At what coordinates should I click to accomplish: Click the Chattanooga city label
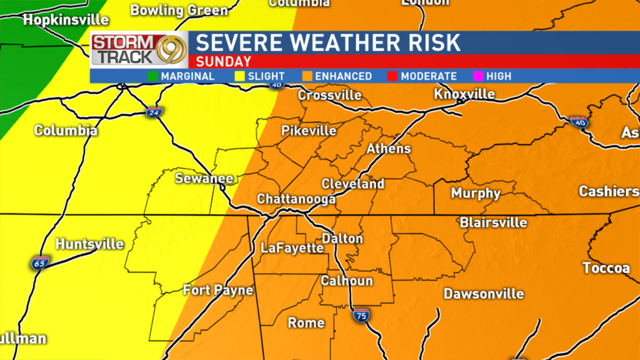click(296, 198)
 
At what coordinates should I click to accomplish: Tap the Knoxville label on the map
click(464, 94)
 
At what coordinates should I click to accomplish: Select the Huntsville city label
click(90, 244)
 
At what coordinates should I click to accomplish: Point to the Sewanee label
click(204, 178)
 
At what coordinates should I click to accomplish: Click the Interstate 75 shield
click(362, 316)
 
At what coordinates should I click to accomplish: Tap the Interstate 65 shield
click(40, 263)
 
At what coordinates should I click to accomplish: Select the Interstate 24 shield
click(153, 112)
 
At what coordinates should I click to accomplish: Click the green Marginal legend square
click(153, 76)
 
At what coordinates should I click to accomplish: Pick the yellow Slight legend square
click(240, 76)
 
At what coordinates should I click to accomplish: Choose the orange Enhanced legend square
click(307, 76)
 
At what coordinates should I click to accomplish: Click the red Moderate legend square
click(393, 76)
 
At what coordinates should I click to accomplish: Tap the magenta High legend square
click(478, 76)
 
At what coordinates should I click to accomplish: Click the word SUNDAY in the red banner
click(223, 62)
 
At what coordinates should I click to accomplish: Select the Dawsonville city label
click(484, 294)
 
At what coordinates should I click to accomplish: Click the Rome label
click(306, 322)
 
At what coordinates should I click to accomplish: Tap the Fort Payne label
click(218, 289)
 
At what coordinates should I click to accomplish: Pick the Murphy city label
click(476, 193)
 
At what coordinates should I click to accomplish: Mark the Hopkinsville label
click(66, 20)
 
